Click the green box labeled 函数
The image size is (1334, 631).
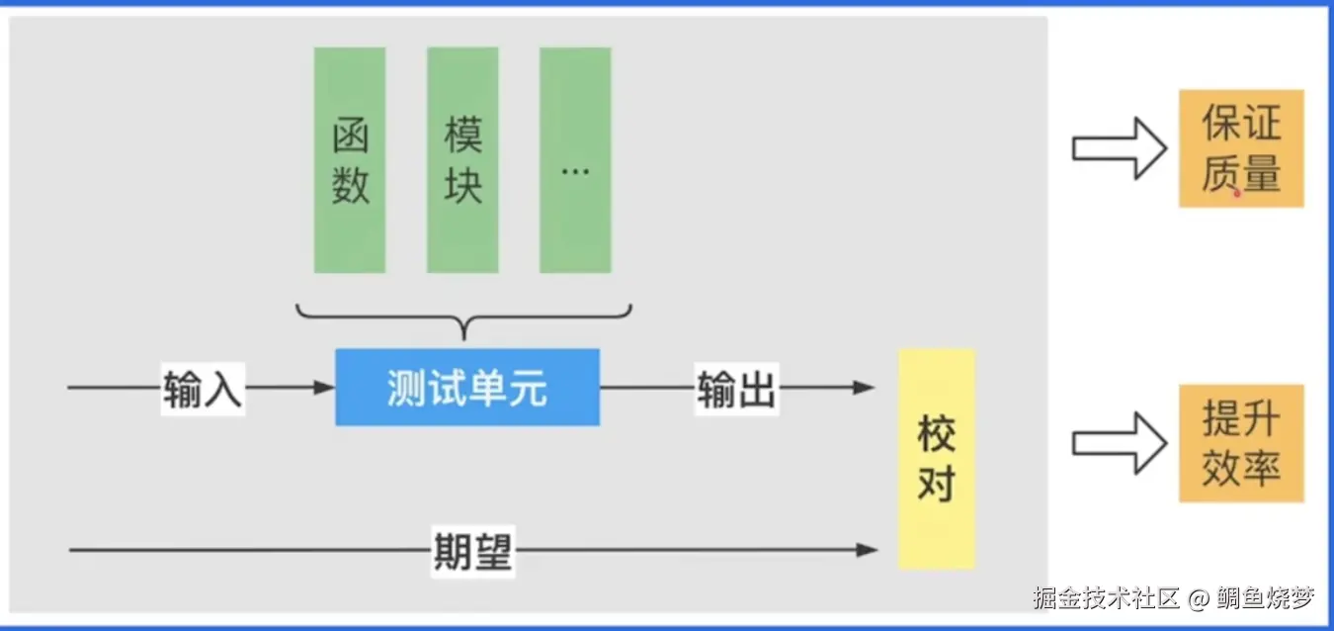point(350,160)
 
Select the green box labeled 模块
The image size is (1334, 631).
point(462,160)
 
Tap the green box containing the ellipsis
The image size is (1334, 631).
point(575,160)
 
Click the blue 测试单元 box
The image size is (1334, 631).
point(467,388)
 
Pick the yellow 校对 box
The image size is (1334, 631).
point(936,459)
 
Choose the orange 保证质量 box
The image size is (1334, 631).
point(1241,148)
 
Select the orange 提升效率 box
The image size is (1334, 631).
point(1241,443)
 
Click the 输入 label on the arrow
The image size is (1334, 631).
point(203,389)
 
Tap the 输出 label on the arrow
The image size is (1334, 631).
point(737,389)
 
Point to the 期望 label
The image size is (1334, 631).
point(473,550)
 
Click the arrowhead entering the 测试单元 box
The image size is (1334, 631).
point(324,388)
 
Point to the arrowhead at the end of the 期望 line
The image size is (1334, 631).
point(867,550)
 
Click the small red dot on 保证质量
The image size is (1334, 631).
point(1236,194)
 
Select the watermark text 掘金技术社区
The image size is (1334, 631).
point(1107,598)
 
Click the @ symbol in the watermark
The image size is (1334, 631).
point(1199,598)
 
